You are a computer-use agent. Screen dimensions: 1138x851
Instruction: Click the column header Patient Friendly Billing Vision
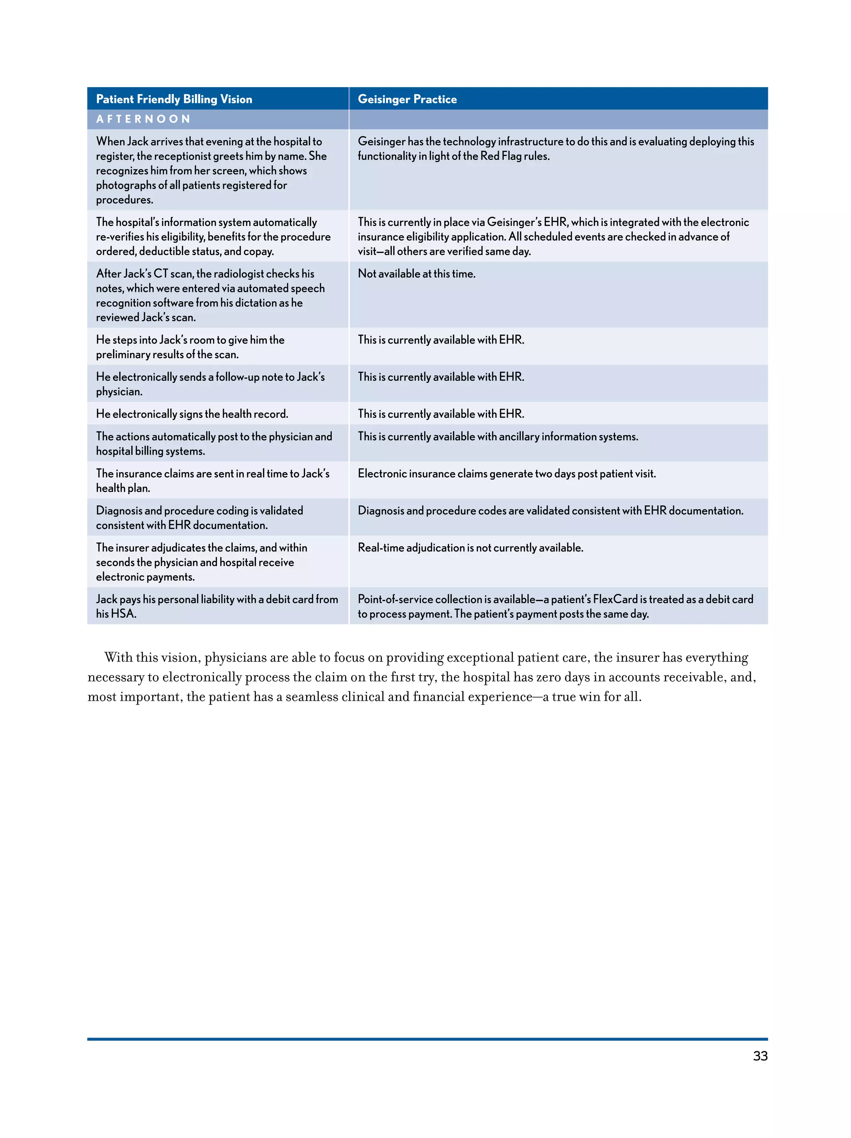(x=174, y=99)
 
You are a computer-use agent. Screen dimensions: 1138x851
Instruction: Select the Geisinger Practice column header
(x=407, y=99)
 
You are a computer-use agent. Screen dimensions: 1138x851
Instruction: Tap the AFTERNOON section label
(x=143, y=119)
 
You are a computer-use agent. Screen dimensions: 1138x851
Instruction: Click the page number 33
(x=760, y=1056)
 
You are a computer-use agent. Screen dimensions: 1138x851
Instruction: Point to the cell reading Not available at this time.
(x=416, y=274)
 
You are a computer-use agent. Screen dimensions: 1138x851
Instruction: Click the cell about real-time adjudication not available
(x=470, y=548)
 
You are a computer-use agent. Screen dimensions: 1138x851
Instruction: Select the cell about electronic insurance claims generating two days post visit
(x=507, y=474)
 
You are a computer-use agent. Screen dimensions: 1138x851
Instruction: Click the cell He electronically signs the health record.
(x=192, y=414)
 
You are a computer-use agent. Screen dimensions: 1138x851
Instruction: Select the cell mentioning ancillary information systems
(x=498, y=437)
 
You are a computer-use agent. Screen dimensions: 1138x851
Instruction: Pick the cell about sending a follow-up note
(x=210, y=384)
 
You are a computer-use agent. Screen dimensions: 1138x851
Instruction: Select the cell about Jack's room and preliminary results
(x=190, y=347)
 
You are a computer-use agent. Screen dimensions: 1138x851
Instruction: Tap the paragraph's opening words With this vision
(x=151, y=658)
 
